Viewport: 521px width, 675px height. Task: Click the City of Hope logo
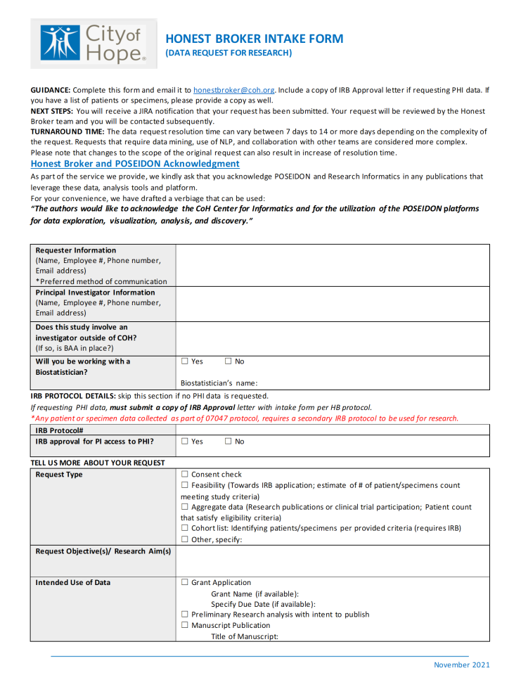point(94,43)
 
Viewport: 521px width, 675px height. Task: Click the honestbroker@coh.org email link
point(234,90)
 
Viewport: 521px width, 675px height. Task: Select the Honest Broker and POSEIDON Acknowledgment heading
point(135,163)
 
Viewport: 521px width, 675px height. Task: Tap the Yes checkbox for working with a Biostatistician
point(185,361)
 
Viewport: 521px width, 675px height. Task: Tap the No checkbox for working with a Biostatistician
point(229,361)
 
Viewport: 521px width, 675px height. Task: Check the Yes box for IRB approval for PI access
point(185,442)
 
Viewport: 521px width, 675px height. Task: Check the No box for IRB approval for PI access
point(229,442)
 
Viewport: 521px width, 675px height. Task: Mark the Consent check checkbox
point(185,475)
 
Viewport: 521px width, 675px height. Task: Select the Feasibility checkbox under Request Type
point(185,485)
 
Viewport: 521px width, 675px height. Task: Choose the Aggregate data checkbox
point(185,507)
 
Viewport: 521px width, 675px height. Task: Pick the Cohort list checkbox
point(185,528)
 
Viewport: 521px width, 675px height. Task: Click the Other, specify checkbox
point(185,539)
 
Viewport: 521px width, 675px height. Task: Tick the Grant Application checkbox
point(185,582)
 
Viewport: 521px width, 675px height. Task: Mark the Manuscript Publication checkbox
point(185,625)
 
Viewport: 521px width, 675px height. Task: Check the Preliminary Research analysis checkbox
point(185,615)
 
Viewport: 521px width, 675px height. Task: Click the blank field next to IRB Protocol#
point(332,430)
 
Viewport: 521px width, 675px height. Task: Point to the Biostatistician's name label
point(219,383)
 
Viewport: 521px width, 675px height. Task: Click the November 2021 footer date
point(461,665)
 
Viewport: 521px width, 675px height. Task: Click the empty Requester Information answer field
point(332,265)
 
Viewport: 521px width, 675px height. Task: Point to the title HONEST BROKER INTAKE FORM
point(255,39)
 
